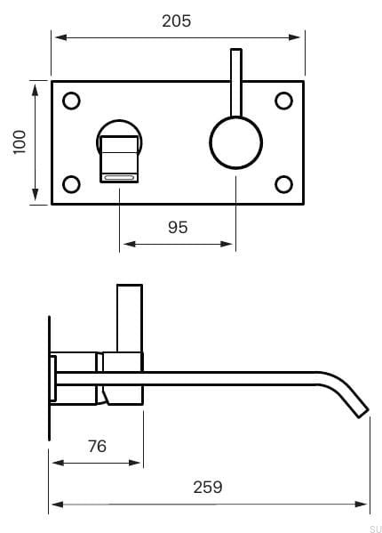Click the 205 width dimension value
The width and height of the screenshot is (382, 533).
tap(176, 20)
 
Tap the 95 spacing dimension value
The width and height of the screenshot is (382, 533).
tap(178, 227)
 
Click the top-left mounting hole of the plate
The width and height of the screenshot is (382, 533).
tap(72, 101)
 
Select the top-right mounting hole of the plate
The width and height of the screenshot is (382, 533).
tap(284, 101)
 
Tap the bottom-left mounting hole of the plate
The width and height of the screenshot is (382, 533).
tap(72, 184)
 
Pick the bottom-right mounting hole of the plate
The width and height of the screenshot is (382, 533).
tap(284, 184)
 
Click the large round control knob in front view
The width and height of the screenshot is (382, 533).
tap(235, 142)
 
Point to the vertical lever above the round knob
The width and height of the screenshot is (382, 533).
tap(235, 80)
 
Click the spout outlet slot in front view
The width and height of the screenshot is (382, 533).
tap(120, 178)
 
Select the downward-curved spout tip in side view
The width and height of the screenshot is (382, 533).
tap(355, 402)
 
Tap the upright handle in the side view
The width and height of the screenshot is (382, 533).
tap(130, 316)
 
